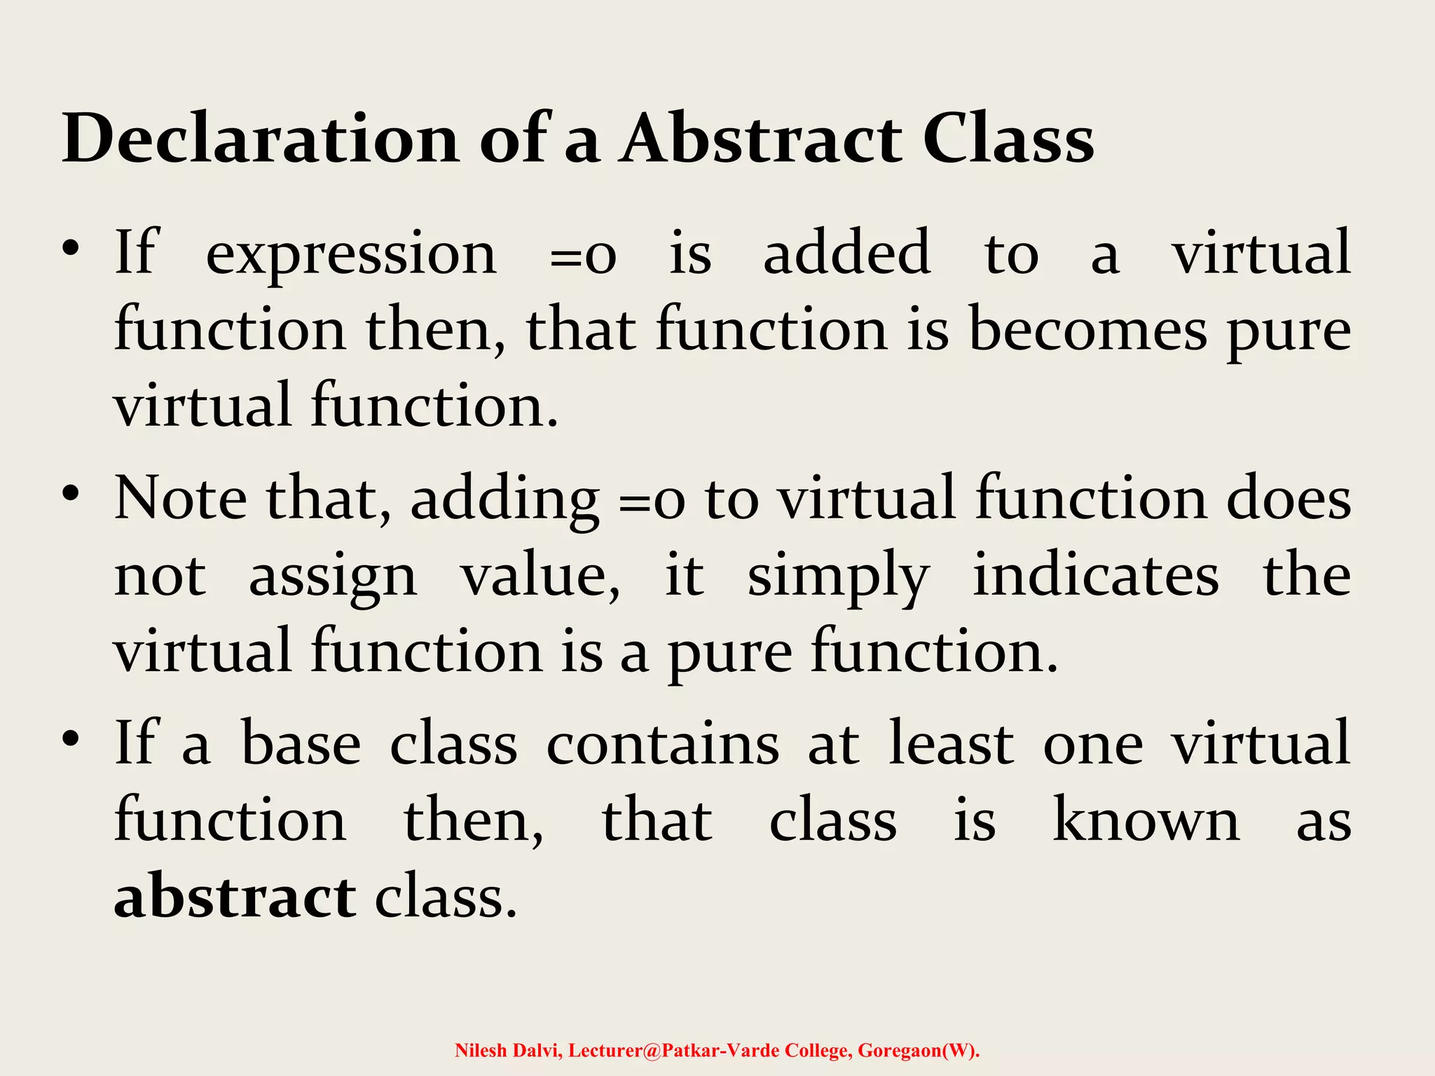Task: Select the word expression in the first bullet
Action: pyautogui.click(x=351, y=254)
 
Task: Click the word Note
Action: pyautogui.click(x=181, y=498)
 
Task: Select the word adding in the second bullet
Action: pyautogui.click(x=504, y=502)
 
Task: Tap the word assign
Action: pyautogui.click(x=333, y=577)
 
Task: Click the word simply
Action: pyautogui.click(x=838, y=577)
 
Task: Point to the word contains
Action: pyautogui.click(x=662, y=744)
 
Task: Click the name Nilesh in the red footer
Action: pyautogui.click(x=481, y=1050)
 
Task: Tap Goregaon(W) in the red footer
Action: pyautogui.click(x=918, y=1050)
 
